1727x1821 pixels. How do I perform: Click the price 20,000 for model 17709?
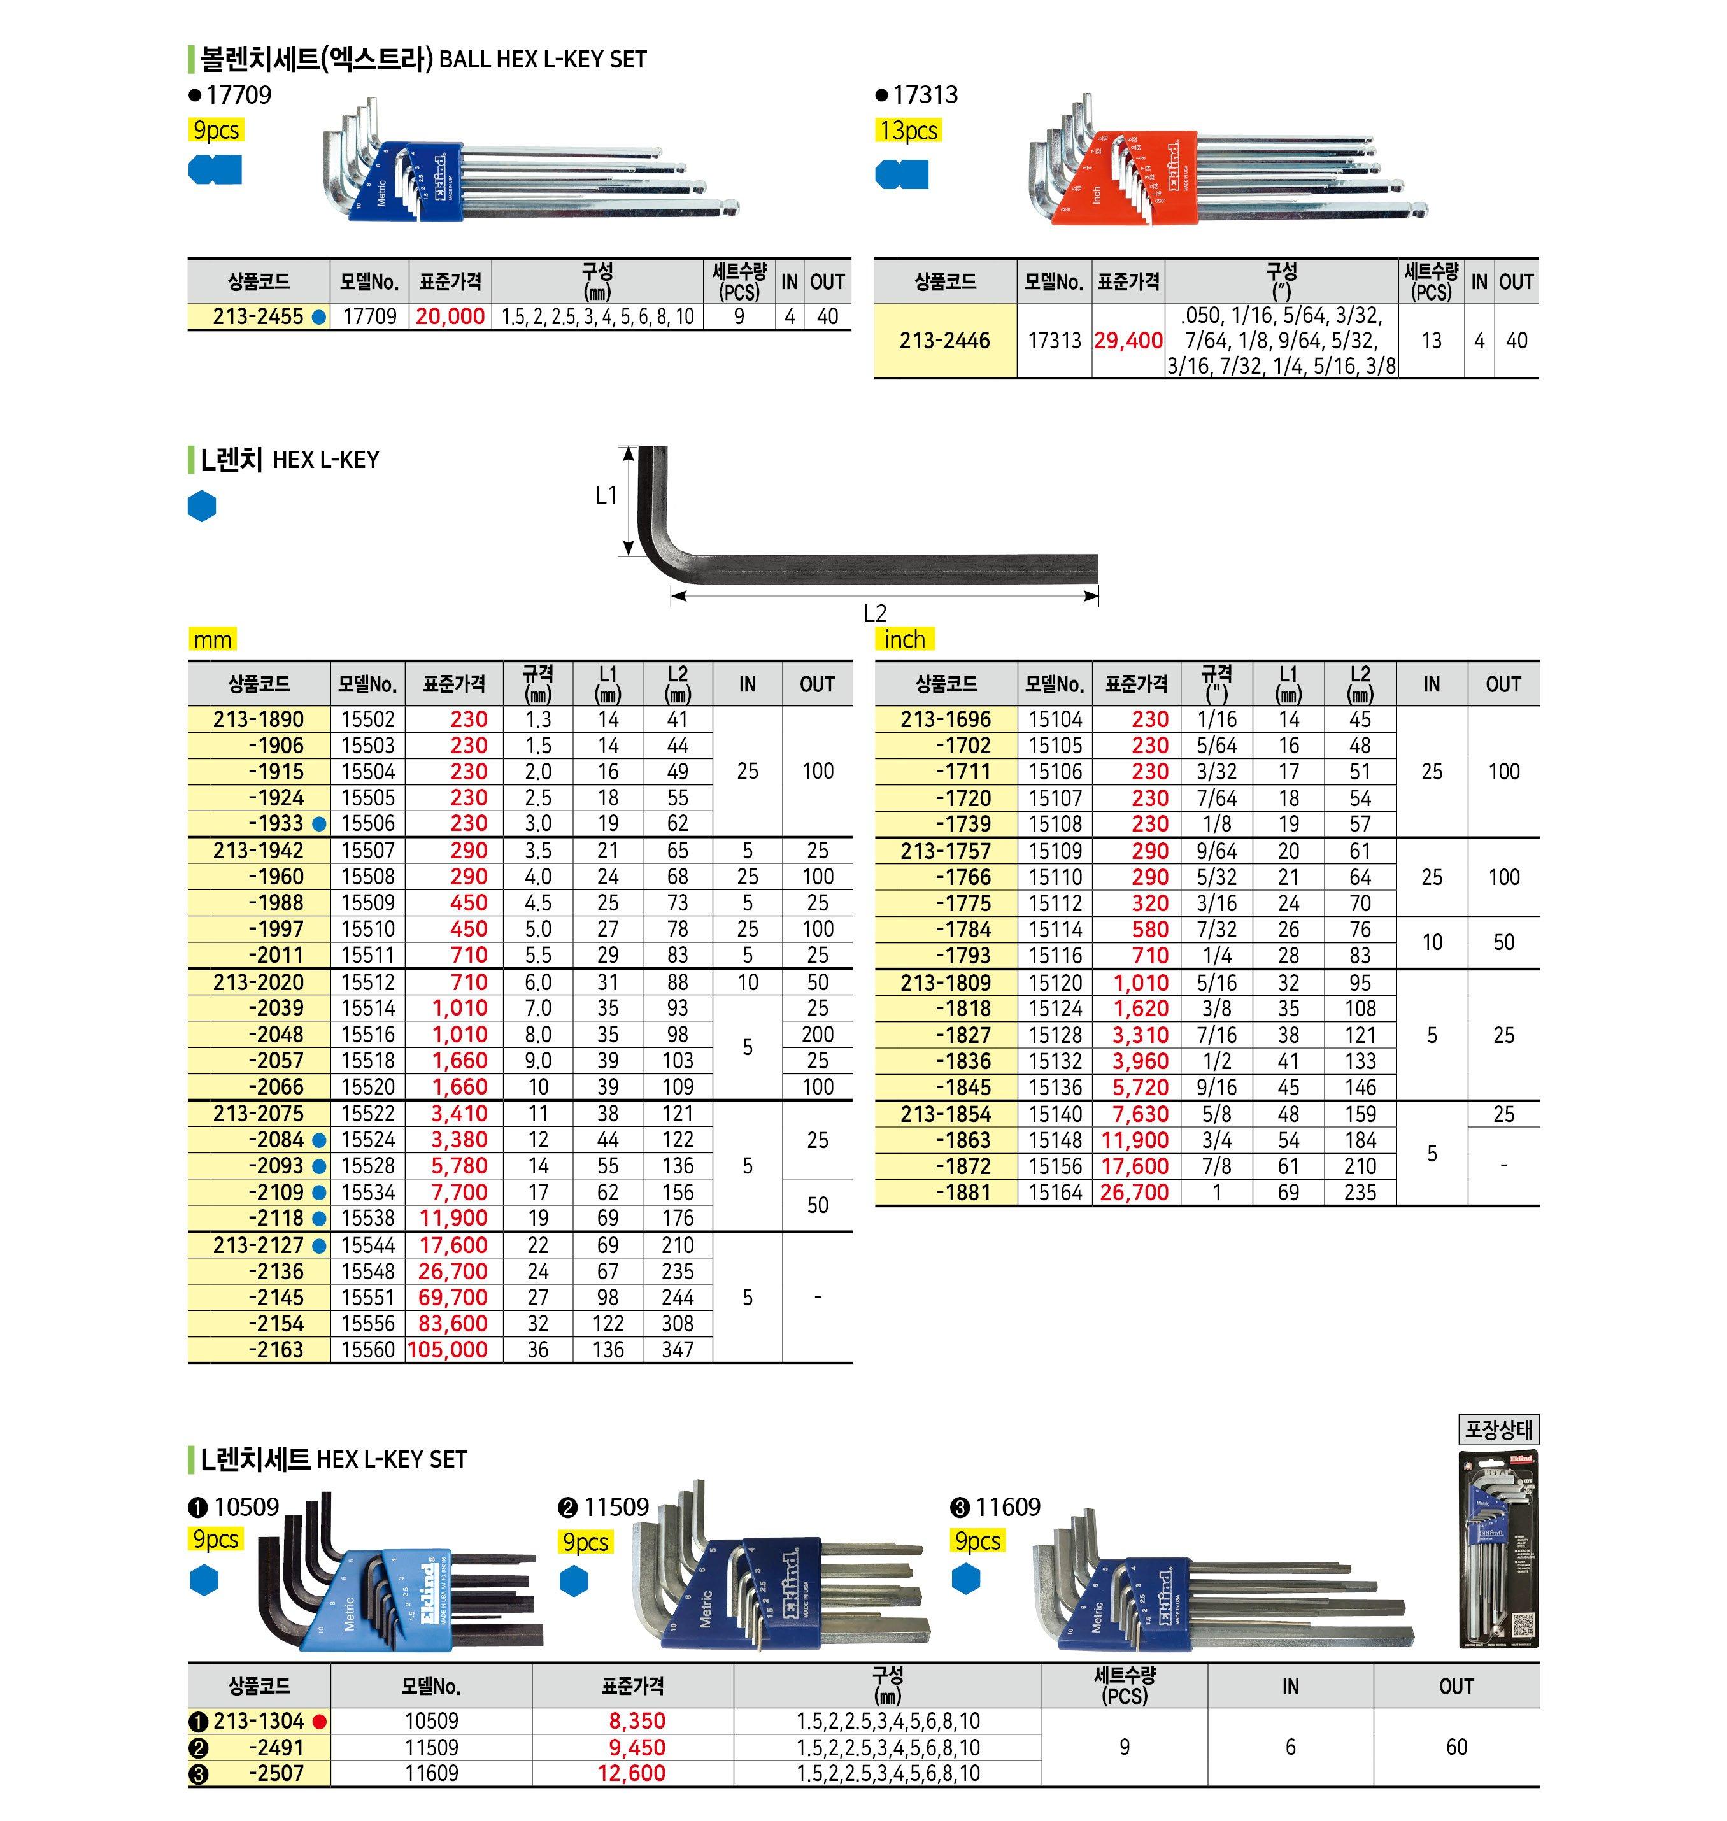pyautogui.click(x=450, y=316)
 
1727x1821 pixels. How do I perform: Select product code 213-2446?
pyautogui.click(x=944, y=341)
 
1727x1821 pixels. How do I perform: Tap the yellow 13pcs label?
pyautogui.click(x=907, y=131)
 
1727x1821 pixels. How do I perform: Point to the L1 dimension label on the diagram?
pyautogui.click(x=606, y=495)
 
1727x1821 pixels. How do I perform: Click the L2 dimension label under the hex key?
pyautogui.click(x=874, y=613)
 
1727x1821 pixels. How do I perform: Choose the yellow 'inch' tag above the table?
pyautogui.click(x=904, y=639)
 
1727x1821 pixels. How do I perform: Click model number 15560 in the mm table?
pyautogui.click(x=368, y=1350)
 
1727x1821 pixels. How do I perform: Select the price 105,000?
pyautogui.click(x=448, y=1350)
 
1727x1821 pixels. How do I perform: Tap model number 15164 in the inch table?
pyautogui.click(x=1055, y=1192)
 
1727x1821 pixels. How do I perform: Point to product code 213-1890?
pyautogui.click(x=258, y=719)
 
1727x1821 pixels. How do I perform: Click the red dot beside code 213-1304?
pyautogui.click(x=320, y=1722)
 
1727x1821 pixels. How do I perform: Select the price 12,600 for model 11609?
pyautogui.click(x=632, y=1773)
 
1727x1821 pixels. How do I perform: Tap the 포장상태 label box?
pyautogui.click(x=1498, y=1429)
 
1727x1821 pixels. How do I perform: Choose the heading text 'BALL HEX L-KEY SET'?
pyautogui.click(x=543, y=60)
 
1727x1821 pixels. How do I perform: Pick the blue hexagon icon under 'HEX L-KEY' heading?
pyautogui.click(x=202, y=506)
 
